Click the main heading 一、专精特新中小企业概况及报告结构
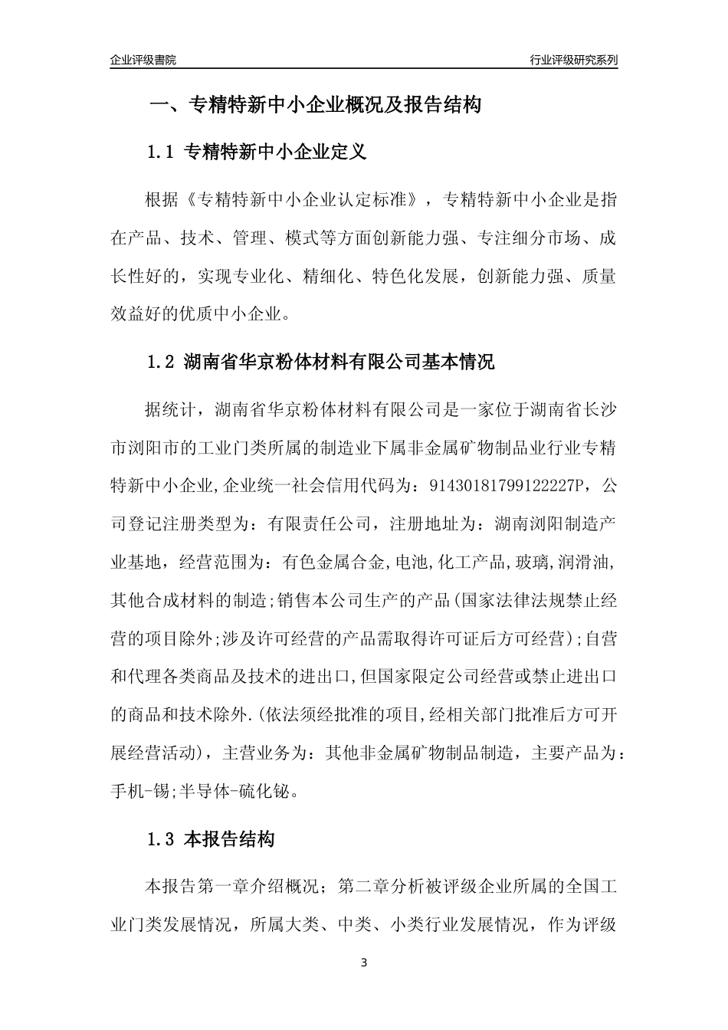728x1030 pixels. click(315, 105)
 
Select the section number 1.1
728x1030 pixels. click(161, 153)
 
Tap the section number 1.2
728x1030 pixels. click(161, 362)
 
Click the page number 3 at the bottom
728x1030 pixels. click(364, 963)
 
